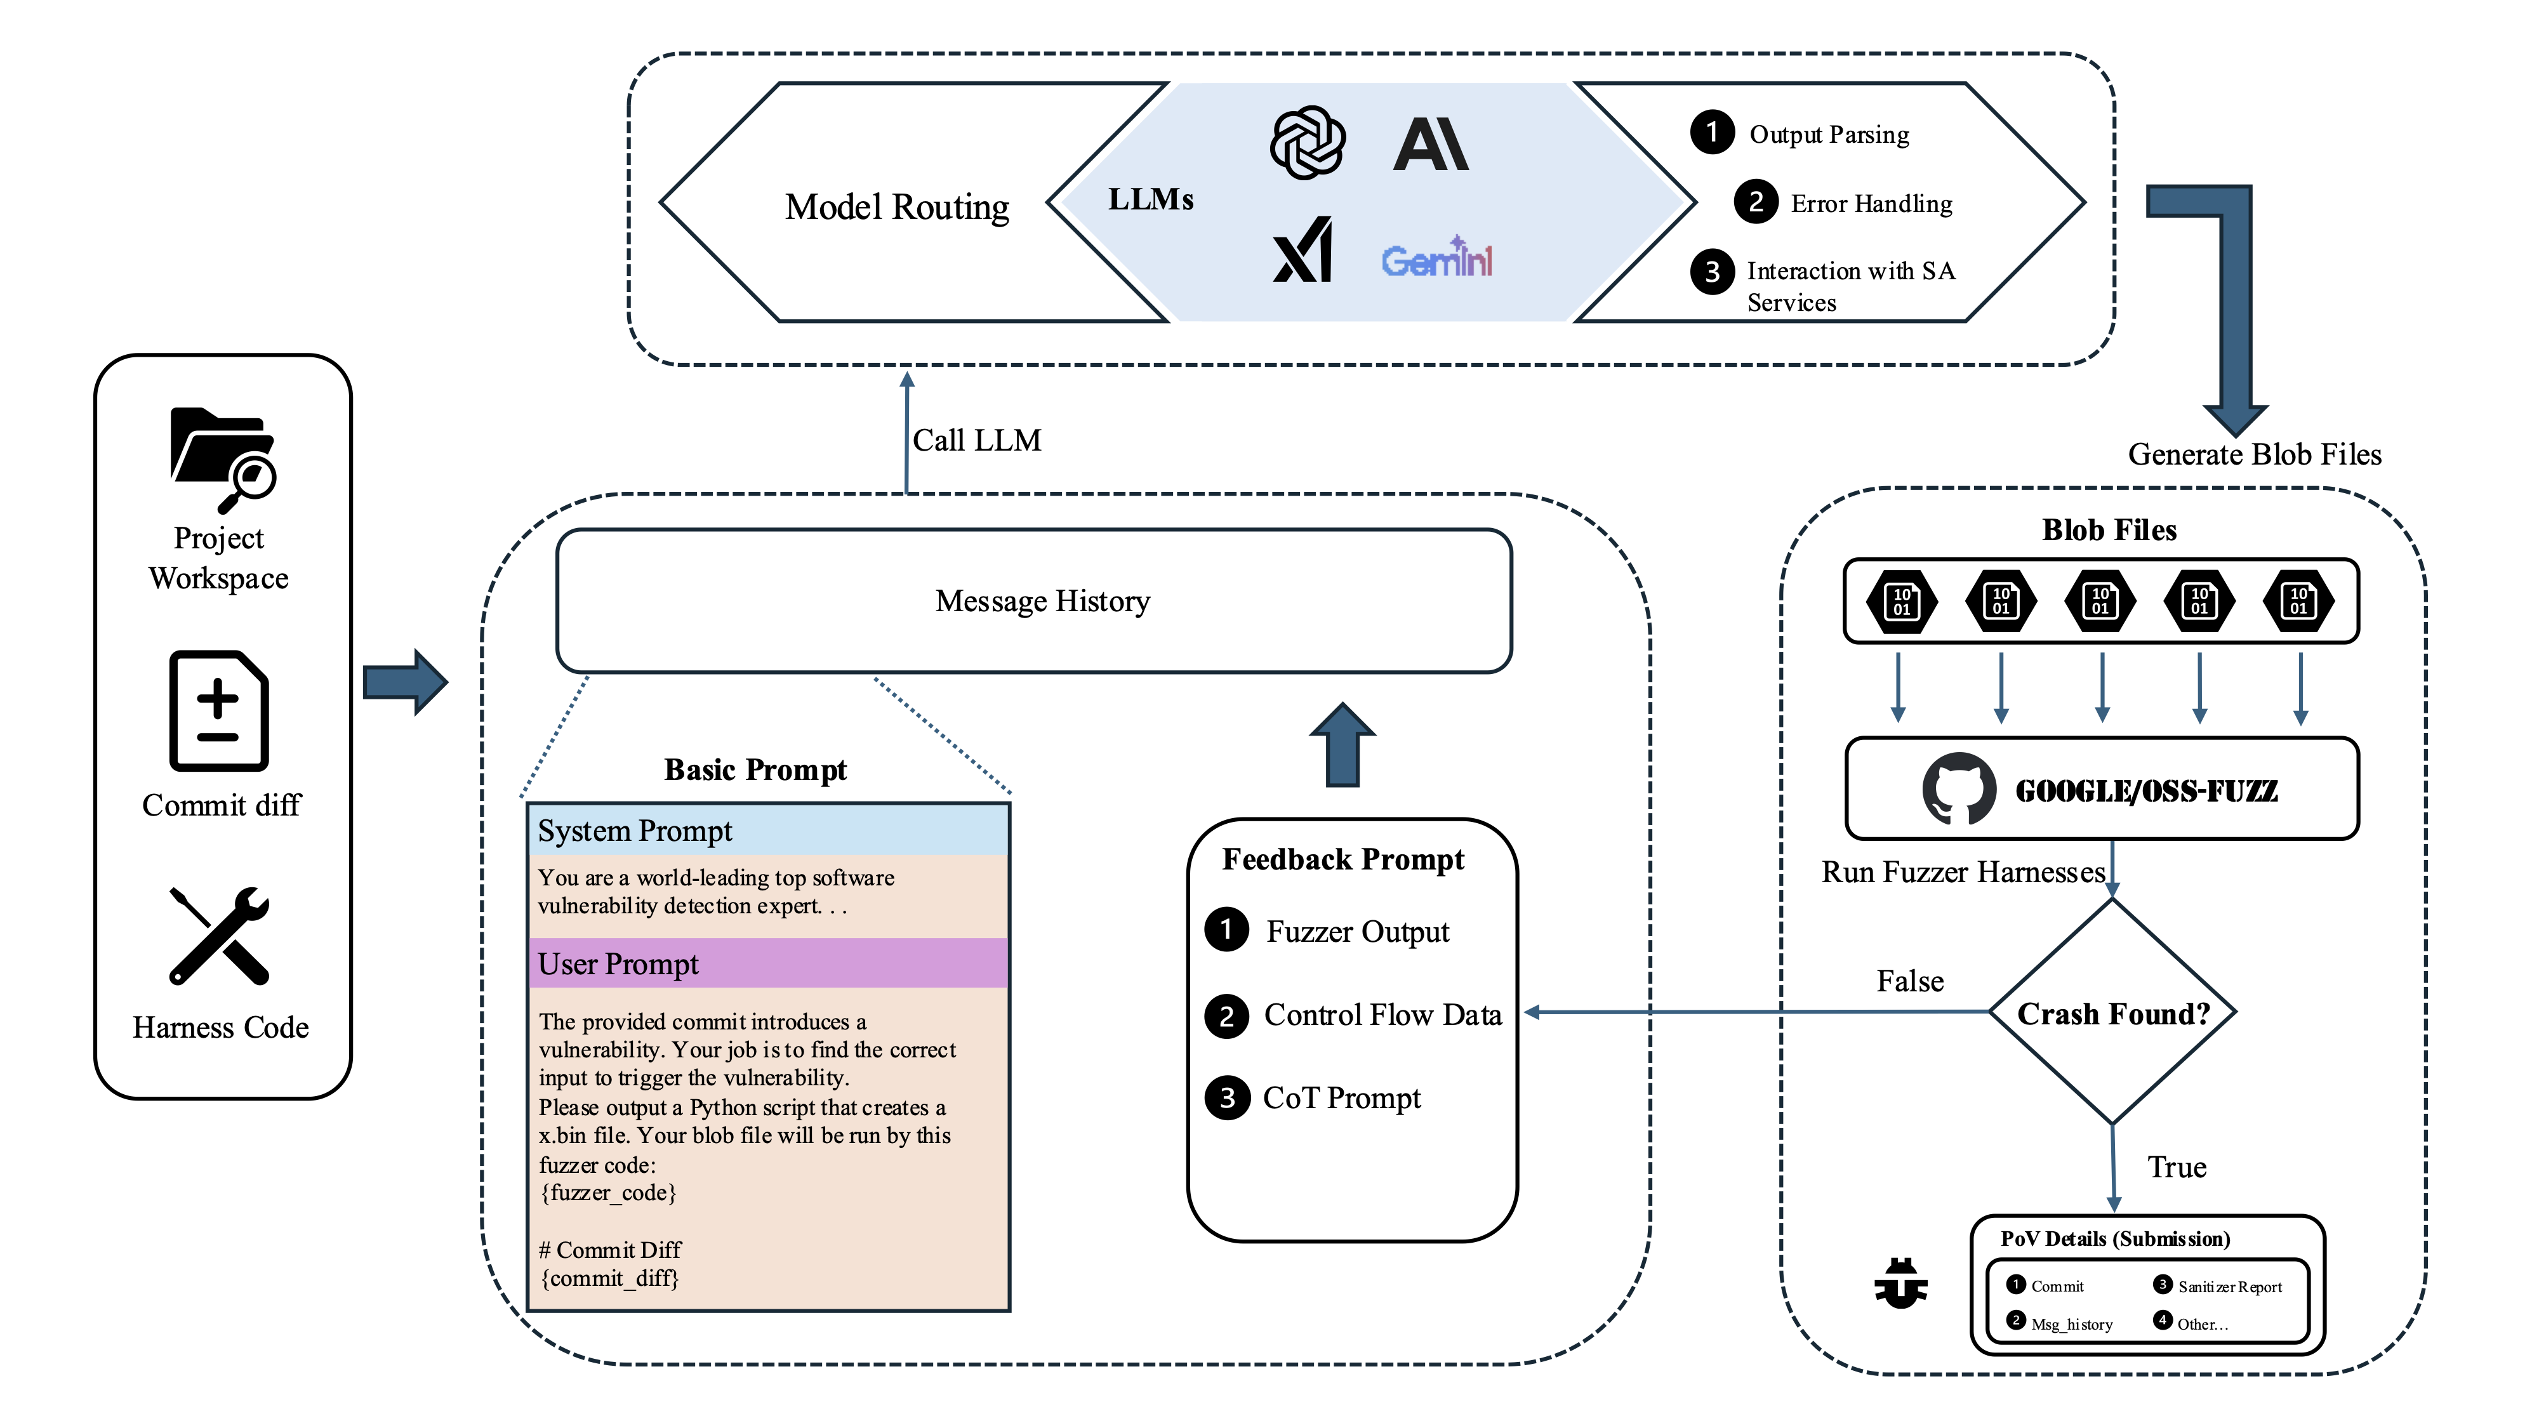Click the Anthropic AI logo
point(1431,144)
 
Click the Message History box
point(1034,601)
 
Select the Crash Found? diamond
point(2112,1012)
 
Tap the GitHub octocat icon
point(1958,788)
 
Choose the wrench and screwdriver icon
point(219,935)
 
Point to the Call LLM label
point(976,440)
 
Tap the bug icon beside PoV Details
point(1900,1283)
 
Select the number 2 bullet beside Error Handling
point(1756,203)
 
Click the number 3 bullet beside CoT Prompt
point(1227,1098)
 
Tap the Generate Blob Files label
point(2254,454)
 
